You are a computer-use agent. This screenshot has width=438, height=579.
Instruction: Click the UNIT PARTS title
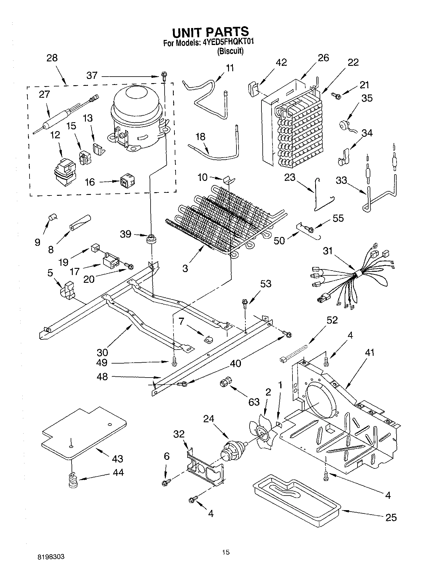pos(211,32)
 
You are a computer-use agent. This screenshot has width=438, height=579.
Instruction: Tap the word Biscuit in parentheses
pos(230,51)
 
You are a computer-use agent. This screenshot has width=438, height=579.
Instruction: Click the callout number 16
pos(90,182)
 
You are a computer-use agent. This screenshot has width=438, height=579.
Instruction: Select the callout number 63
pos(254,402)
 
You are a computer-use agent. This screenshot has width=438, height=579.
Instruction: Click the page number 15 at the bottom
pos(226,552)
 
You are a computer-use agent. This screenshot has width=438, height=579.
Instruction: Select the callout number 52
pos(332,320)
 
